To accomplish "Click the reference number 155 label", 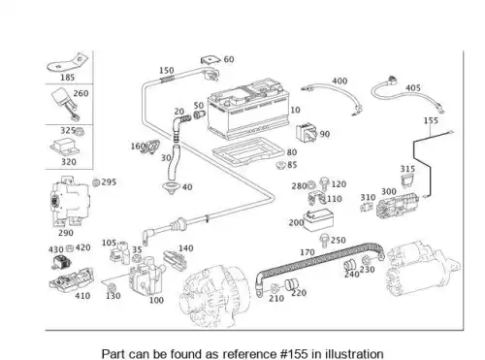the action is click(x=431, y=120).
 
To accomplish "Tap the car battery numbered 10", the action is click(x=248, y=109).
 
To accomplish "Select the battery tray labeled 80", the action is click(x=247, y=151).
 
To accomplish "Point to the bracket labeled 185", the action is click(x=68, y=62).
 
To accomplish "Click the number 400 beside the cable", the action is click(x=339, y=81).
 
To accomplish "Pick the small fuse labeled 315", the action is click(x=407, y=180).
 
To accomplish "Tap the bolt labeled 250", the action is click(x=323, y=241).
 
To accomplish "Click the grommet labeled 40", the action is click(x=171, y=188).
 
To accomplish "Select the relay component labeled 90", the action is click(x=307, y=133).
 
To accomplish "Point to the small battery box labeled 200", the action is click(x=318, y=220).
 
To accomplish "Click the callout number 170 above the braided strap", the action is click(x=307, y=252).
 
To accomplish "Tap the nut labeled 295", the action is click(x=96, y=182).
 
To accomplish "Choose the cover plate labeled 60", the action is click(x=210, y=60).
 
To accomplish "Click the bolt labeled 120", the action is click(x=324, y=184).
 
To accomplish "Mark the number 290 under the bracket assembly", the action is click(x=66, y=233).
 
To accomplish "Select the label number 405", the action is click(x=413, y=88).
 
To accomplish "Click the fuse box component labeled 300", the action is click(x=397, y=205).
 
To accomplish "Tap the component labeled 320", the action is click(x=65, y=147).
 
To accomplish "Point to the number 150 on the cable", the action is click(x=167, y=70).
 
